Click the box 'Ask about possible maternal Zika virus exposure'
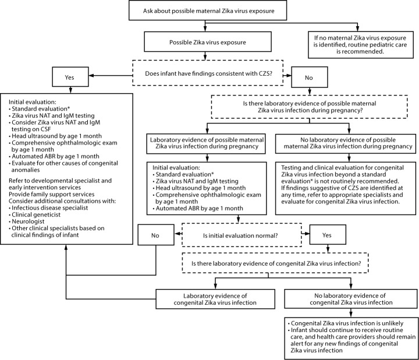point(204,12)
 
